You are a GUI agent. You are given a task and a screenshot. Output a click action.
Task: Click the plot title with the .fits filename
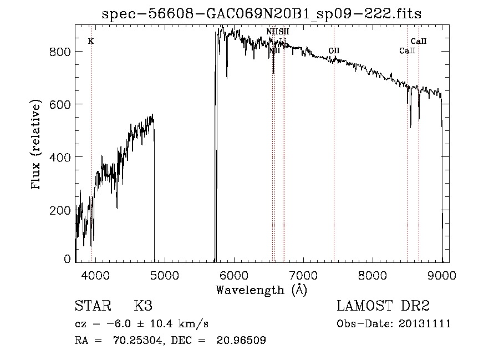[265, 14]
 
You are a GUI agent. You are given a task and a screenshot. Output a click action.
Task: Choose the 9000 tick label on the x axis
[441, 275]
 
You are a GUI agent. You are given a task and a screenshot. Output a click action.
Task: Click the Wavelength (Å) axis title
[261, 290]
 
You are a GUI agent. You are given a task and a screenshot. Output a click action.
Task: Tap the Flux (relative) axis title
[37, 145]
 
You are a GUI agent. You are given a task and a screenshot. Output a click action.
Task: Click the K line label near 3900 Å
[91, 42]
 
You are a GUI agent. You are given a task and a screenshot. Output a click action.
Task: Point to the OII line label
[334, 50]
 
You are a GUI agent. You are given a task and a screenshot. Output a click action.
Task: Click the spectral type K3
[142, 306]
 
